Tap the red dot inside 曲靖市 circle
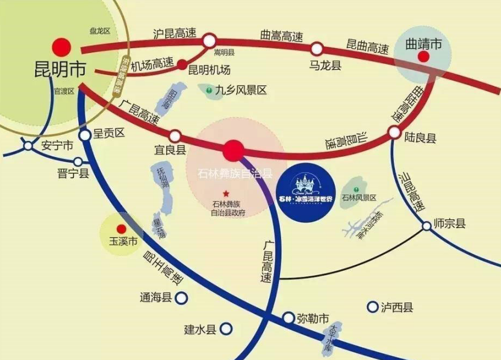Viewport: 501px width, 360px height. (424, 57)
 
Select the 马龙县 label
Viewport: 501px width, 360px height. (326, 66)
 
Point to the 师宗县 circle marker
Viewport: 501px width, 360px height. (426, 225)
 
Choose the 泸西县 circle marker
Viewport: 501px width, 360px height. (372, 307)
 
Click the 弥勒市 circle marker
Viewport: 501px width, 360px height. (288, 317)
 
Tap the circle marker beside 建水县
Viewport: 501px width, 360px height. (226, 329)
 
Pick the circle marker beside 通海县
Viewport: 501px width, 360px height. (182, 297)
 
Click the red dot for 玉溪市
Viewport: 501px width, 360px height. (121, 229)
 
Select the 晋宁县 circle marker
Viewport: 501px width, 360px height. (78, 161)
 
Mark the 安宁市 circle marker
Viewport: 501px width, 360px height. (28, 145)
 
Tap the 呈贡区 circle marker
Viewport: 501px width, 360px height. (84, 134)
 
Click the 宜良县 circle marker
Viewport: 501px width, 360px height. (175, 136)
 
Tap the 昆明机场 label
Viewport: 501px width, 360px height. (210, 70)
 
